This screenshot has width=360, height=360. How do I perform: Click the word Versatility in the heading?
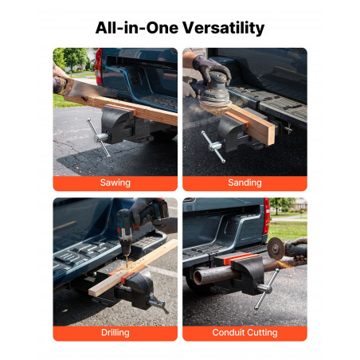(x=223, y=28)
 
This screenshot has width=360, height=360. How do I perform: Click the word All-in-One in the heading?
(x=137, y=28)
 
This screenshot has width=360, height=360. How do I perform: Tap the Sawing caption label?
(x=115, y=182)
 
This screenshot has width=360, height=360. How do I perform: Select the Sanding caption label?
(x=245, y=182)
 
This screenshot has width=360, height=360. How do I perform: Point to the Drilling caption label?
(x=115, y=332)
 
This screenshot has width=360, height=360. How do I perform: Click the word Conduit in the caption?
(x=229, y=332)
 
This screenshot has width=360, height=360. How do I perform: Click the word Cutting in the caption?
(x=263, y=333)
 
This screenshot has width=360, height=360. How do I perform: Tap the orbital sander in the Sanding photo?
(x=214, y=89)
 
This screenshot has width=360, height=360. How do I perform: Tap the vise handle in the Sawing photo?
(x=99, y=138)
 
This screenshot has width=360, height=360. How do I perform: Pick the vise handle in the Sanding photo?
(x=213, y=147)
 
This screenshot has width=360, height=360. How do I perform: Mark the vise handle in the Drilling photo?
(x=158, y=303)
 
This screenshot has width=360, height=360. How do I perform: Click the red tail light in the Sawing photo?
(x=99, y=67)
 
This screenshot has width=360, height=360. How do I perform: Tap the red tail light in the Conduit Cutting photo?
(x=266, y=216)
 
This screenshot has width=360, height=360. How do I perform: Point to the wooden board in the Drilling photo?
(x=133, y=268)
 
